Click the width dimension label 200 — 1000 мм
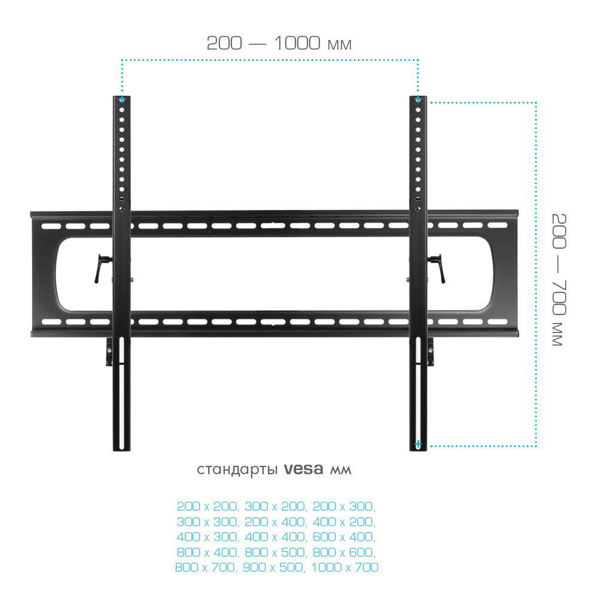pyautogui.click(x=279, y=43)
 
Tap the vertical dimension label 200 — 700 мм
pyautogui.click(x=559, y=280)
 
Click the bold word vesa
pyautogui.click(x=304, y=469)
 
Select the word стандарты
pyautogui.click(x=237, y=470)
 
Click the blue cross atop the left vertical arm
pyautogui.click(x=121, y=99)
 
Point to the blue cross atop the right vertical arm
pyautogui.click(x=418, y=99)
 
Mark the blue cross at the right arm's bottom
pyautogui.click(x=418, y=444)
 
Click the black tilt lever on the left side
pyautogui.click(x=102, y=268)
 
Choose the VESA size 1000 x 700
pyautogui.click(x=345, y=568)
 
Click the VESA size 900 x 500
pyautogui.click(x=274, y=568)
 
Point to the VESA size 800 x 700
pyautogui.click(x=206, y=568)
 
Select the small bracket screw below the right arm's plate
pyautogui.click(x=431, y=350)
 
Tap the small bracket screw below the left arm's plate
pyautogui.click(x=109, y=350)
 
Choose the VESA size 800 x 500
pyautogui.click(x=276, y=552)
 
